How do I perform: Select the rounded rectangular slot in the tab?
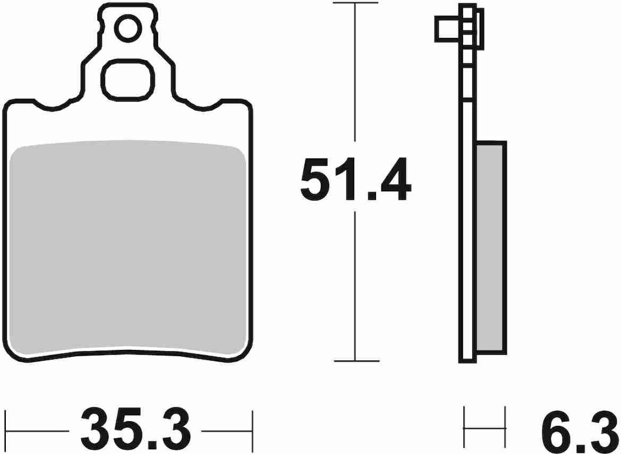(127, 80)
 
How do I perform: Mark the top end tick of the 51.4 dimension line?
(355, 3)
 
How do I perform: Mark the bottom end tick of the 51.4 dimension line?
(355, 361)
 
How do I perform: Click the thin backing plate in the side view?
(468, 213)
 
